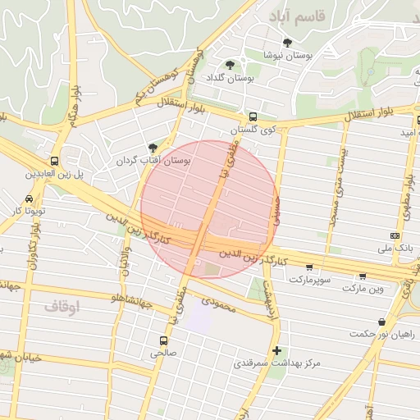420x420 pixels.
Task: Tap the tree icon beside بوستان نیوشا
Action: pos(287,43)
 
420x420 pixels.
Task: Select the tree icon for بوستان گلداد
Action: pos(229,64)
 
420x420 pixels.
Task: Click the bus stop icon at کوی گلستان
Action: pos(253,117)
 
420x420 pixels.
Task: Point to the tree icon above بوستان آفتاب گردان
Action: pos(153,148)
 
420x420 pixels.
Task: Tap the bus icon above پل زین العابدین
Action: pos(54,161)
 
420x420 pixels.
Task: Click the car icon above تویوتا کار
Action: pos(30,199)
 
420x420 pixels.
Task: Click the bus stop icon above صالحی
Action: pos(163,340)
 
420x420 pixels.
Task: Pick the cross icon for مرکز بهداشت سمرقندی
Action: pos(277,350)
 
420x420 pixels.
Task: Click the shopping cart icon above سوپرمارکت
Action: pos(308,267)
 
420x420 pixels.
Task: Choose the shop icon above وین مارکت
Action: pos(363,276)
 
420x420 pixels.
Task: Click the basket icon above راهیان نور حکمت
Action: pos(381,322)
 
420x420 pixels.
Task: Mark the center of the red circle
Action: pos(208,209)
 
